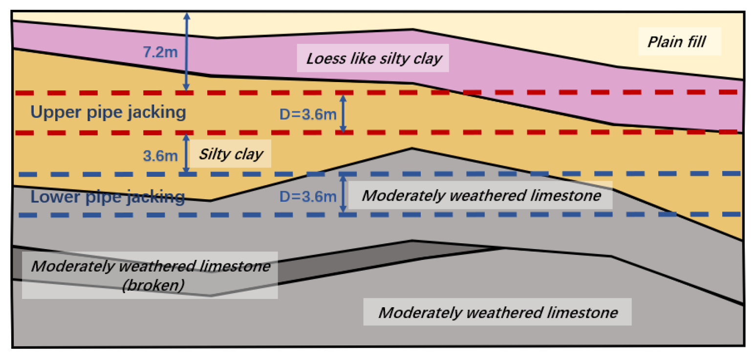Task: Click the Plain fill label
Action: pyautogui.click(x=677, y=42)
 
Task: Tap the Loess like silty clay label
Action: pyautogui.click(x=374, y=59)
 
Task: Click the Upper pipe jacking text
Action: pyautogui.click(x=108, y=112)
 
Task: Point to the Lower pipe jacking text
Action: pyautogui.click(x=108, y=197)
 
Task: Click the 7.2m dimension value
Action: pyautogui.click(x=161, y=52)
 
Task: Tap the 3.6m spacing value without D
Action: pyautogui.click(x=160, y=157)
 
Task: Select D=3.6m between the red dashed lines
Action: pyautogui.click(x=308, y=115)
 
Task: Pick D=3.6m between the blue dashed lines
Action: pyautogui.click(x=308, y=197)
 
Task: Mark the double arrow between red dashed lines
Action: pyautogui.click(x=343, y=113)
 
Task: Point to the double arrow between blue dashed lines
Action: pyautogui.click(x=343, y=194)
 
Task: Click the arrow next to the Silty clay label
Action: pyautogui.click(x=186, y=153)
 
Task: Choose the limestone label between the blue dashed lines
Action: pyautogui.click(x=481, y=195)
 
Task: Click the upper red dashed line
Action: pyautogui.click(x=586, y=92)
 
